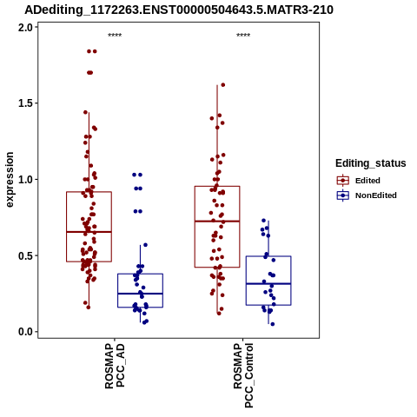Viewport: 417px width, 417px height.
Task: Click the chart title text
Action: (179, 10)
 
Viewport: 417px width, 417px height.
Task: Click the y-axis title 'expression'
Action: (10, 180)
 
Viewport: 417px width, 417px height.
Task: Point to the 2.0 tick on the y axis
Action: (26, 28)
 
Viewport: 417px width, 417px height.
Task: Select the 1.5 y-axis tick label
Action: (26, 103)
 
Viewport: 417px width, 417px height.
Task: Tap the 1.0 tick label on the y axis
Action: (26, 180)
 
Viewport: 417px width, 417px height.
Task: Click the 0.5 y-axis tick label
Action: (26, 255)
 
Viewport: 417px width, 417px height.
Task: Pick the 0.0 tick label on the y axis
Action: (26, 332)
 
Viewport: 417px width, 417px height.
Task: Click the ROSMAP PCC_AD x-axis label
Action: (115, 366)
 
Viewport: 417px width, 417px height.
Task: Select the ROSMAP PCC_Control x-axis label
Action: (243, 375)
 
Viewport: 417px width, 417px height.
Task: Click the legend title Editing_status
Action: (371, 163)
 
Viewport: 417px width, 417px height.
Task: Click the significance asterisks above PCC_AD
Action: (115, 36)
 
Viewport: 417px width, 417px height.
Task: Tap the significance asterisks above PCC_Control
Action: (243, 36)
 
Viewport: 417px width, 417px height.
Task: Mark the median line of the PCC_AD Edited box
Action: (89, 232)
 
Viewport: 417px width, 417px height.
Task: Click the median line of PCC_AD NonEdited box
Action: (140, 294)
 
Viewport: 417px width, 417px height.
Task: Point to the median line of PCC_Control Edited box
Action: (217, 222)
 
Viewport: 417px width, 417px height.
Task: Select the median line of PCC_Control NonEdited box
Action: (268, 284)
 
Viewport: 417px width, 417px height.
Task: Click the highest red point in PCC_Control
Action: (223, 85)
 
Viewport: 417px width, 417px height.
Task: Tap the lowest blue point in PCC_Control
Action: (273, 324)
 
